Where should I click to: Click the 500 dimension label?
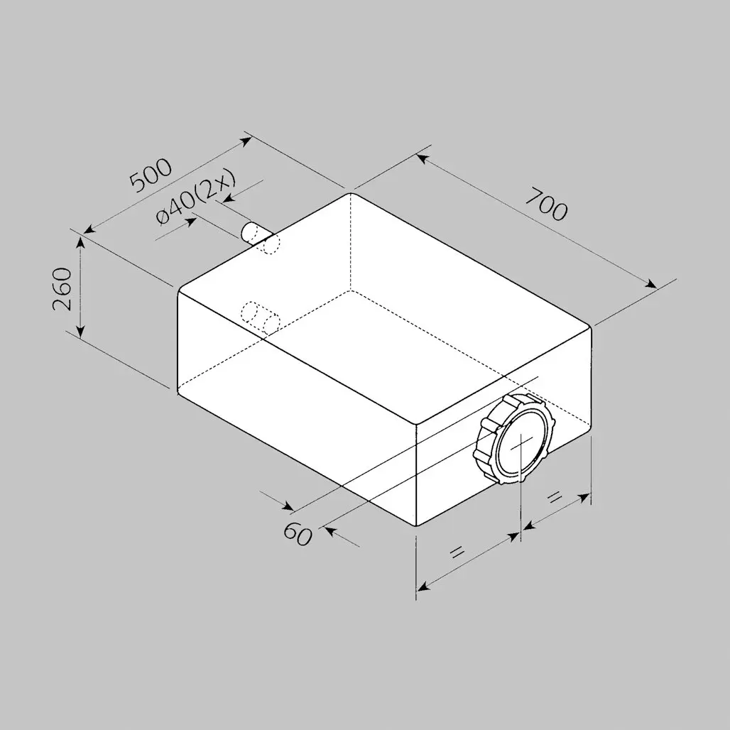coord(151,176)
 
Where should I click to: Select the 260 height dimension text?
coord(62,288)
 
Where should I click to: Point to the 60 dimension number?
coord(298,533)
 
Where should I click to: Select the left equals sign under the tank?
coord(457,552)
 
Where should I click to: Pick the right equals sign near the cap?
coord(554,498)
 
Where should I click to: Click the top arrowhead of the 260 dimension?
coord(81,242)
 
